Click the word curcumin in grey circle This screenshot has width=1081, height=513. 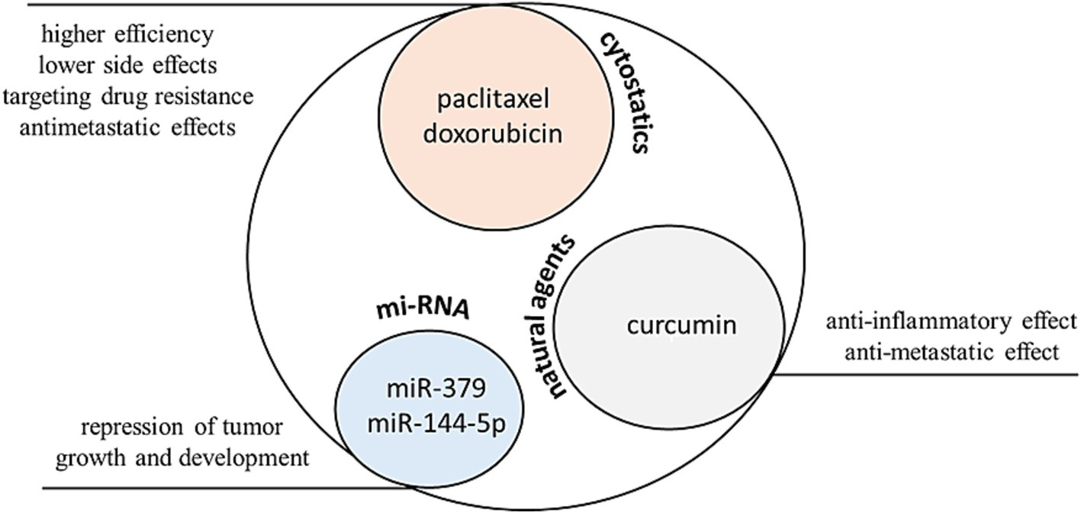point(682,325)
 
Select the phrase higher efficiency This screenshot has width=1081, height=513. point(127,34)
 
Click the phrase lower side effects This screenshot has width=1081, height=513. point(127,66)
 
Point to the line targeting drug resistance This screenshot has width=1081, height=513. point(127,97)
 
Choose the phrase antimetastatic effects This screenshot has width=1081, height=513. point(127,127)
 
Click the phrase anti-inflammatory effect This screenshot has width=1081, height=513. point(951,321)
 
